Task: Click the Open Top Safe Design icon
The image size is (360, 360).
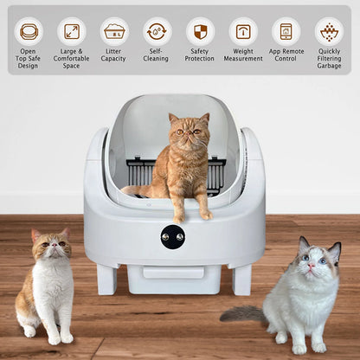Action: coord(29,32)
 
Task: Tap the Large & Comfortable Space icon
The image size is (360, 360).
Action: coord(71,32)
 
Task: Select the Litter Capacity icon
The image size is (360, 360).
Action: coord(114,32)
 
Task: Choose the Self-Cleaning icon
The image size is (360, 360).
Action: coord(157,32)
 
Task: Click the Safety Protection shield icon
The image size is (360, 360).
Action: coord(200,32)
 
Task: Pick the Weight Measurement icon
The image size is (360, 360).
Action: coord(243,32)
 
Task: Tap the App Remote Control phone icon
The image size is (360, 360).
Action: coord(286,32)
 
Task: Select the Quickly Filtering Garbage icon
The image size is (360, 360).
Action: coord(329,32)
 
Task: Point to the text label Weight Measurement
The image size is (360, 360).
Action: coord(243,55)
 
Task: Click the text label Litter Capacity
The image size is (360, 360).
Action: coord(114,55)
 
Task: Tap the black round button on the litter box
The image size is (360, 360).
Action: coord(173,236)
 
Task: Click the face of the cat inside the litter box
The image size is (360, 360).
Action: coord(188,132)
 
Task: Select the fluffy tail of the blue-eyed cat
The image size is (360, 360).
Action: coord(243,312)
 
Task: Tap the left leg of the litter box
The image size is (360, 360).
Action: coord(107,280)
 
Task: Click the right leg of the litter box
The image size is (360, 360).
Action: coord(241,280)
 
